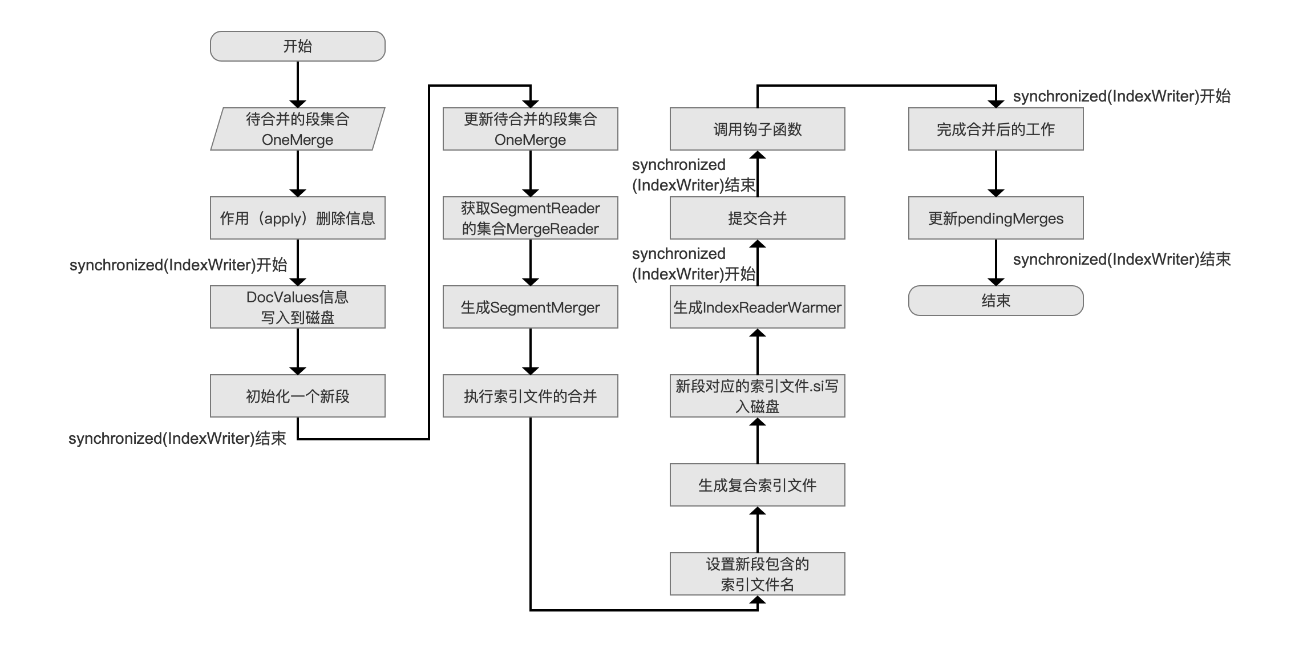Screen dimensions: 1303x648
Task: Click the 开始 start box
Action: pyautogui.click(x=298, y=46)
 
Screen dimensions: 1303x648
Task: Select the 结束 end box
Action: pyautogui.click(x=996, y=301)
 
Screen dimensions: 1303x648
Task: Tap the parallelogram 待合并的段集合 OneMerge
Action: pyautogui.click(x=298, y=129)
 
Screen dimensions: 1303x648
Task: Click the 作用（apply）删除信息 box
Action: pyautogui.click(x=298, y=218)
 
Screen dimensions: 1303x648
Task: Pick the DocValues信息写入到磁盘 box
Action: pyautogui.click(x=298, y=307)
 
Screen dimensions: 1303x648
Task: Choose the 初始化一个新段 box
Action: pyautogui.click(x=298, y=396)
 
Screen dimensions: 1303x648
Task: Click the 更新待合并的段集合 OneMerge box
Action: pyautogui.click(x=531, y=129)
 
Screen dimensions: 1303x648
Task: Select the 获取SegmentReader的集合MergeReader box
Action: pyautogui.click(x=531, y=218)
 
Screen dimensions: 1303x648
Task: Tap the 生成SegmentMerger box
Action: pyautogui.click(x=531, y=307)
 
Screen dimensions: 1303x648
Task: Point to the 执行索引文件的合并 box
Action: pyautogui.click(x=531, y=396)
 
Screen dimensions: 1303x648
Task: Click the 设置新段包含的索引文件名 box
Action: pyautogui.click(x=758, y=574)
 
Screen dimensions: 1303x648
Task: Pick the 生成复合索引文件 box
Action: pyautogui.click(x=758, y=485)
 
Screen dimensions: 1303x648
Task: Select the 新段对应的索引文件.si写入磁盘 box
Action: pyautogui.click(x=758, y=396)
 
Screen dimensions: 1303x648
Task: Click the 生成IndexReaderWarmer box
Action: pyautogui.click(x=758, y=307)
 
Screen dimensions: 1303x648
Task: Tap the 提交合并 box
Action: pyautogui.click(x=758, y=218)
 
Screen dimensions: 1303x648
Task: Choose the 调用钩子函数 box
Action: pyautogui.click(x=758, y=129)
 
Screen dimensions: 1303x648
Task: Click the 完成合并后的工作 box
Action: pyautogui.click(x=996, y=129)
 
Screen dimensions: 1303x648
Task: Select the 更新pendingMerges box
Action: pyautogui.click(x=996, y=218)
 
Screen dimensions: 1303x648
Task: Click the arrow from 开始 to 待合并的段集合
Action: pyautogui.click(x=298, y=84)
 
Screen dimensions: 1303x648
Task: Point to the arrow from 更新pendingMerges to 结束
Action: pyautogui.click(x=996, y=262)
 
